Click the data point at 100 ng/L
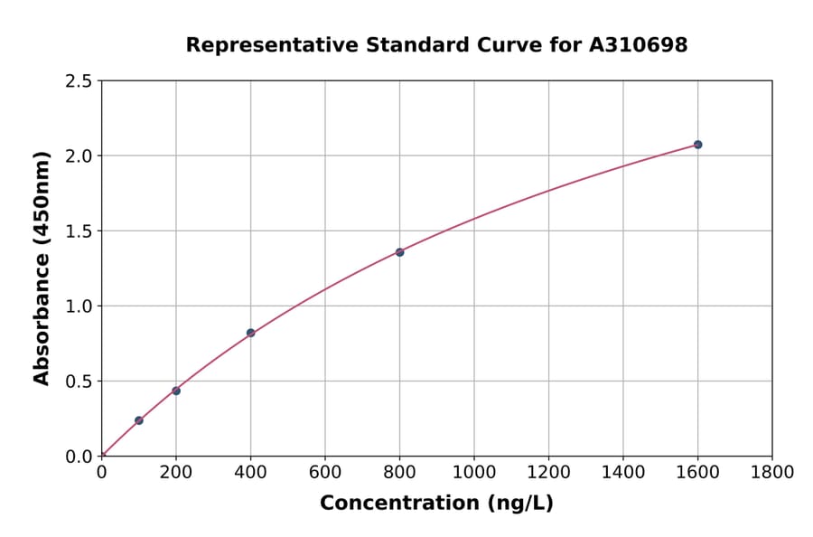point(139,420)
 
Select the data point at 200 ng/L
point(176,391)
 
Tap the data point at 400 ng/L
point(250,333)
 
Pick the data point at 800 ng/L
point(399,252)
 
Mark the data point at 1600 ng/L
point(697,145)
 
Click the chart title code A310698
point(639,45)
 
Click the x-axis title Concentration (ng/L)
point(436,504)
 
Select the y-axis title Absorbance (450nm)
point(42,268)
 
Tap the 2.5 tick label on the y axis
point(79,81)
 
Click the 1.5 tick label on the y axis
point(79,231)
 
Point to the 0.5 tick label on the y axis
point(79,382)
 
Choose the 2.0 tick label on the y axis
point(79,156)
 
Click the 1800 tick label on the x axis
point(771,472)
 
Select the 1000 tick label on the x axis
point(473,472)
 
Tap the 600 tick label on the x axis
point(325,472)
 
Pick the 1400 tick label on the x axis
point(622,472)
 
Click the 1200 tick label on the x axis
point(548,472)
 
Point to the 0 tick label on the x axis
point(102,472)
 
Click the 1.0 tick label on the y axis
point(79,306)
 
